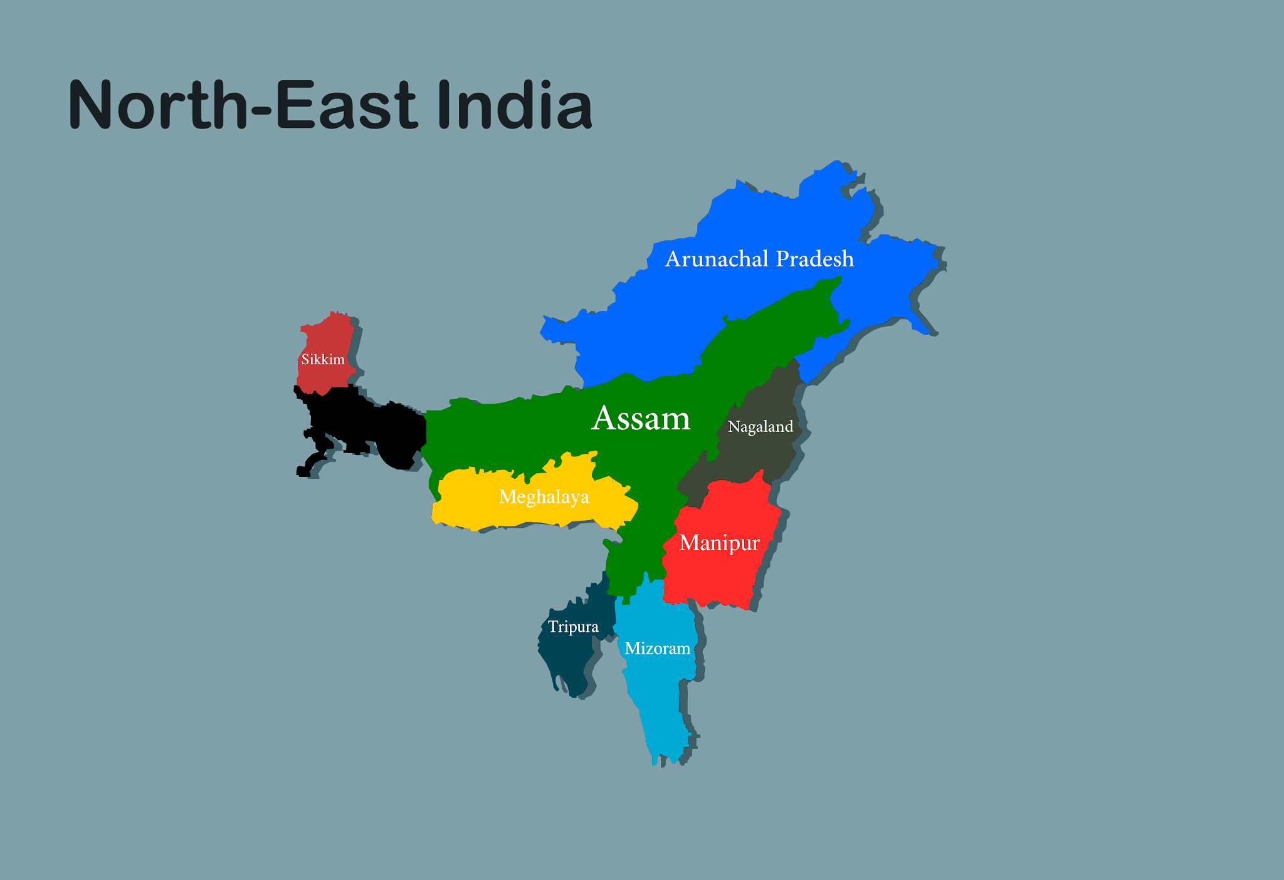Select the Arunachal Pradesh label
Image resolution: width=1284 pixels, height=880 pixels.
759,259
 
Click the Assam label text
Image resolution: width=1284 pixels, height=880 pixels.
641,418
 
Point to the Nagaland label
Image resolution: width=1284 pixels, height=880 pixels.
760,427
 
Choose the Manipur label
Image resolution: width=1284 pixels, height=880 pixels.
719,543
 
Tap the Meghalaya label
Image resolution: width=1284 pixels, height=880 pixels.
544,497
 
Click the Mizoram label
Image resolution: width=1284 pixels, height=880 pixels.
657,648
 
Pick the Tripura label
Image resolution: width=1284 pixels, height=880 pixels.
573,627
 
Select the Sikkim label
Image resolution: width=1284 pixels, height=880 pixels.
323,360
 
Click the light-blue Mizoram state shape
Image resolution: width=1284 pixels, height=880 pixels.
658,689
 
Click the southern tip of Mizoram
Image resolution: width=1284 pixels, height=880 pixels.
656,762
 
